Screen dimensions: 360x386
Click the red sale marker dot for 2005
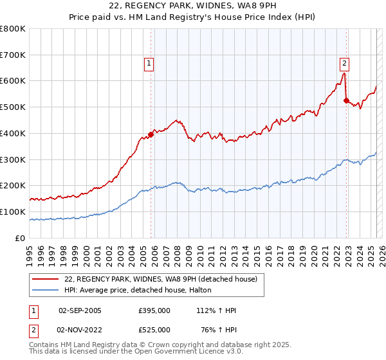tap(151, 134)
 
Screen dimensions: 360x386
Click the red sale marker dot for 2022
tap(346, 100)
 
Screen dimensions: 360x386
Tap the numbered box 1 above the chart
tap(149, 63)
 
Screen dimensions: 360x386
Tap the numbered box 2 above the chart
tap(345, 63)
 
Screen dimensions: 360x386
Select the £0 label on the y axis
tap(21, 238)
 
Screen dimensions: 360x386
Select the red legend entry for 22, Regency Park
tap(160, 278)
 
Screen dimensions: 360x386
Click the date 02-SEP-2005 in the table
tap(80, 310)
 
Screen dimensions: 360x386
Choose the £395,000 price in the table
tap(154, 310)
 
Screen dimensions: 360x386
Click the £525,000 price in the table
tap(154, 330)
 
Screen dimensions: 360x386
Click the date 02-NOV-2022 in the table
tap(80, 330)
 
